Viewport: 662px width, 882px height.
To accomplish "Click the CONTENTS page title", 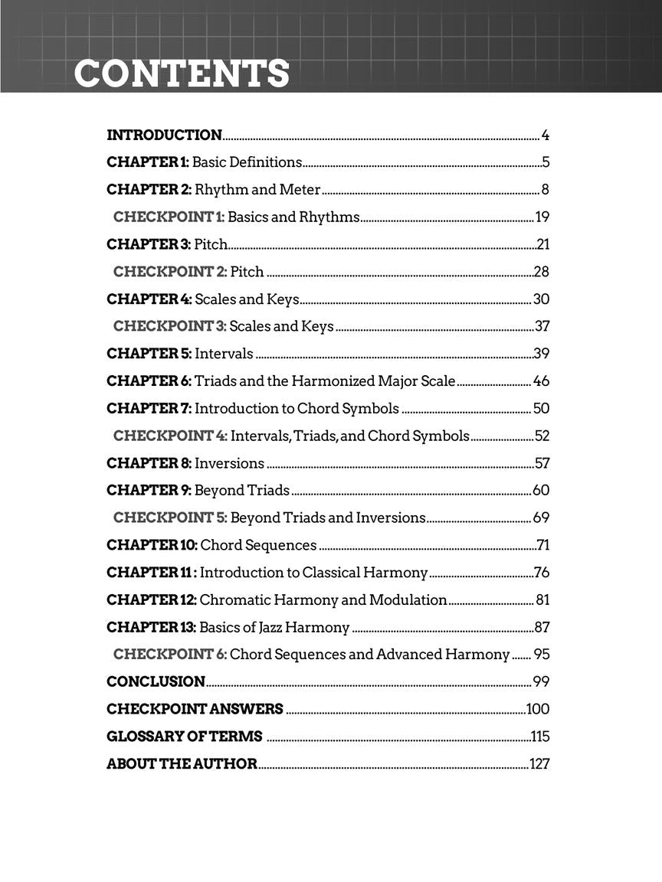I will click(x=182, y=74).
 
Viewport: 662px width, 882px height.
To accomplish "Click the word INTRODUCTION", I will click(x=164, y=136).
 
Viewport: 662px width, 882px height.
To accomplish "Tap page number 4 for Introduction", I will click(x=546, y=136).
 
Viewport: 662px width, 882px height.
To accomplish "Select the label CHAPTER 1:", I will click(x=147, y=162).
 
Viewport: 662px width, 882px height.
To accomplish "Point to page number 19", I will click(x=542, y=217).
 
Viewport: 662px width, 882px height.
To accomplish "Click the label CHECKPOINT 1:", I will click(x=169, y=217).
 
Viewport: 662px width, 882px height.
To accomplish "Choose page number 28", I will click(x=542, y=272).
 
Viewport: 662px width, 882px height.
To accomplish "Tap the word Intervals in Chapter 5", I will click(x=224, y=354).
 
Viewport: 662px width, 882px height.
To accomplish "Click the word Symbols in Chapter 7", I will click(x=371, y=408).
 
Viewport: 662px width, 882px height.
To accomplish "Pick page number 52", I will click(x=542, y=436).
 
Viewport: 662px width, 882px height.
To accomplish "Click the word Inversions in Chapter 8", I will click(x=229, y=463).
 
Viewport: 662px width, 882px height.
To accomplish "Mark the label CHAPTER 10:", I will click(x=152, y=545).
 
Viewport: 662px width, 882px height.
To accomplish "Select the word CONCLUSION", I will click(x=156, y=681).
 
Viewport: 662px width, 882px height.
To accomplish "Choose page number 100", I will click(x=538, y=709).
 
